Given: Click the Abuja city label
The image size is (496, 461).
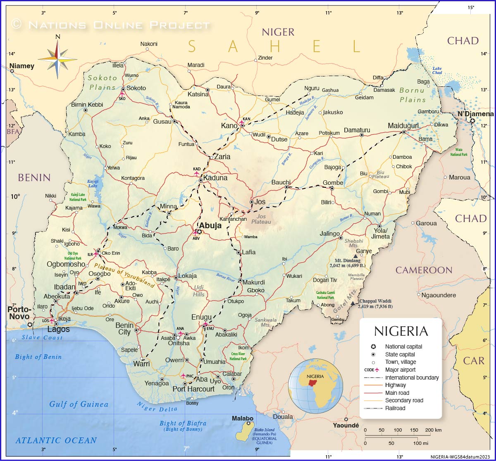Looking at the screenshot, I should [210, 226].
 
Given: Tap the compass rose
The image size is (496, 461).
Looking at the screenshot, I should [58, 57].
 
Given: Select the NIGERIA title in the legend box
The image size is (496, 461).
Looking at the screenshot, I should [401, 331].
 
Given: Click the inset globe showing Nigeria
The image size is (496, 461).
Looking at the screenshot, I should [315, 386].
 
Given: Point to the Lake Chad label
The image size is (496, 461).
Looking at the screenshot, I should [437, 71].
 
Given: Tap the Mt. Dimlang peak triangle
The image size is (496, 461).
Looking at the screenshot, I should [355, 256].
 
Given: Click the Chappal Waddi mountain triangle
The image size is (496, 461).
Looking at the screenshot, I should [353, 303].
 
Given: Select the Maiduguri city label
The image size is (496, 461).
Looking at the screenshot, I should [403, 126].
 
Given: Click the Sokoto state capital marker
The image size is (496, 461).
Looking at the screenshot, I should [123, 89].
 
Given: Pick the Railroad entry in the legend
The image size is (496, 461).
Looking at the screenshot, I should [395, 408].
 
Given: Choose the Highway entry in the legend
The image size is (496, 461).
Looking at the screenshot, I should [395, 385].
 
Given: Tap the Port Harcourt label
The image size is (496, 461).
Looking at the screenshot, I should [193, 389].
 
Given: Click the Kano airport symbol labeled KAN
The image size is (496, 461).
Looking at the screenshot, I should [242, 124].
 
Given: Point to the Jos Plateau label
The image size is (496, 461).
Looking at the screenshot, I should [261, 219].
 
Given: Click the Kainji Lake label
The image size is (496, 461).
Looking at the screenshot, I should [93, 184].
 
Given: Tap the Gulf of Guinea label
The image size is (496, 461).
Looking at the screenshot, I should [79, 404].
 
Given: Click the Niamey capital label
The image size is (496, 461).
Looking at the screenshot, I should [22, 66].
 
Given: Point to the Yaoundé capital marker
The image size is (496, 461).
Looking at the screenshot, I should [346, 419].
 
